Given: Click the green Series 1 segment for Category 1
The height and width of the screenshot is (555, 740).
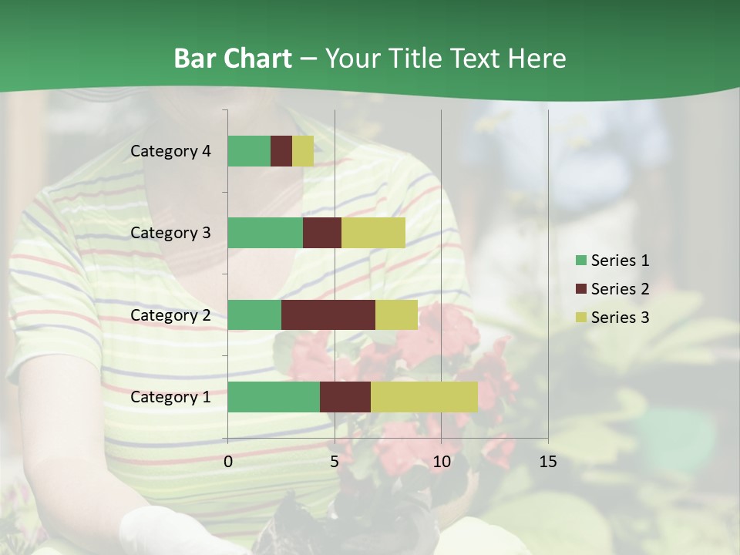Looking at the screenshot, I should (x=274, y=397).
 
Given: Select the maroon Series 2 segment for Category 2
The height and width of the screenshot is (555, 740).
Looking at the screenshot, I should (x=328, y=314).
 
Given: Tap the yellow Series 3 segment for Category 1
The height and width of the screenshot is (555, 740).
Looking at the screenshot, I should (x=424, y=397).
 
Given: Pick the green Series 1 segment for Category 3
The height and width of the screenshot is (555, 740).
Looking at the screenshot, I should (x=265, y=233).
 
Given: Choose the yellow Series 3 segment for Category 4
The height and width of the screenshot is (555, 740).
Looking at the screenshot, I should (x=303, y=151).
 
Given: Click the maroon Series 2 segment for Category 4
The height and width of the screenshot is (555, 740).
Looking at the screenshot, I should (x=281, y=151).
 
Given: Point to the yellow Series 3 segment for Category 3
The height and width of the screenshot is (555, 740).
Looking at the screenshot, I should (x=373, y=233).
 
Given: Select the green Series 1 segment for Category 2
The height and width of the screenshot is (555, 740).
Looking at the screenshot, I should (x=254, y=314).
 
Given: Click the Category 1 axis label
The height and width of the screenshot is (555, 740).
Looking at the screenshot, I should (x=170, y=397).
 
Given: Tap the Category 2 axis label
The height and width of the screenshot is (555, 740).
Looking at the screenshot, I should (x=170, y=314).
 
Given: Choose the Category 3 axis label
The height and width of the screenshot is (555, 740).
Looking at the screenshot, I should (x=170, y=233).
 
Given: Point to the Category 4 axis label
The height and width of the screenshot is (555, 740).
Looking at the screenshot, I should (x=170, y=151).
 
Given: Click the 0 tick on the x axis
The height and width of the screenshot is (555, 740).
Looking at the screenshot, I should (x=228, y=462).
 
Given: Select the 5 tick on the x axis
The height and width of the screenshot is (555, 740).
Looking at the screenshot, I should (x=335, y=462).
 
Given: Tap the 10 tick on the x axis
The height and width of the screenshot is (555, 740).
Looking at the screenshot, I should (x=441, y=462).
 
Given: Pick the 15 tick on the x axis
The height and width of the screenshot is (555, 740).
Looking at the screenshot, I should (x=548, y=462).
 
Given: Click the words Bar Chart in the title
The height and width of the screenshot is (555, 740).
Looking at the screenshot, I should (x=233, y=59).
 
